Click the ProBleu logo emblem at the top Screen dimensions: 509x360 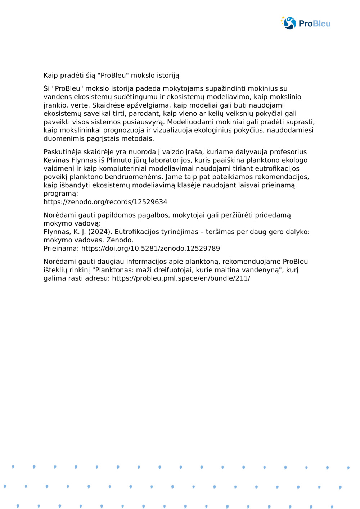289,23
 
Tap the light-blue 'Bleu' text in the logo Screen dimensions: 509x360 322,24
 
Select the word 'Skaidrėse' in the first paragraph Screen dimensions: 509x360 107,105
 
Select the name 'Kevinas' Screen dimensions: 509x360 56,160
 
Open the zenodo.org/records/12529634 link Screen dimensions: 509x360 105,202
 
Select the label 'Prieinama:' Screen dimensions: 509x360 61,249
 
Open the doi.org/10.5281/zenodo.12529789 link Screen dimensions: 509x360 150,249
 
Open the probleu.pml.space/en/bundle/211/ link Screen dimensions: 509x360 181,278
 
